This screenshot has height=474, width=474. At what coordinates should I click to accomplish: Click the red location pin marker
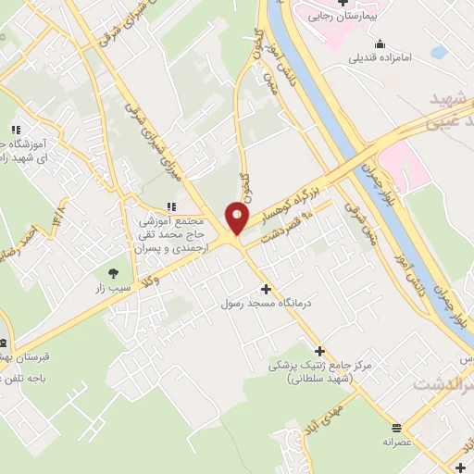[x=238, y=218]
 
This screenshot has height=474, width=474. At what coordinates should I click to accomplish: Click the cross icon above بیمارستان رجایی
[x=343, y=3]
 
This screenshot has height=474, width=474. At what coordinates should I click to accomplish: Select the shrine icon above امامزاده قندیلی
[x=380, y=44]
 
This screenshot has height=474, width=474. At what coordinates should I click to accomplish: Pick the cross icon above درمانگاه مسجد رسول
[x=267, y=289]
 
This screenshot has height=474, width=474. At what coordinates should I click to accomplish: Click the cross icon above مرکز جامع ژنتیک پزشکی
[x=320, y=351]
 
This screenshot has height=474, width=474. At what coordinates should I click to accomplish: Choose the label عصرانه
[x=396, y=442]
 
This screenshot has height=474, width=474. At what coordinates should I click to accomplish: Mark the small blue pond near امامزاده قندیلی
[x=439, y=52]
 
